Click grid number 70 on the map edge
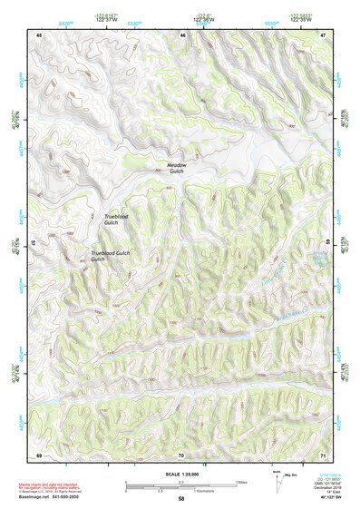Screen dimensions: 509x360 pyautogui.click(x=182, y=455)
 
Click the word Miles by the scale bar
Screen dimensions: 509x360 pyautogui.click(x=240, y=481)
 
